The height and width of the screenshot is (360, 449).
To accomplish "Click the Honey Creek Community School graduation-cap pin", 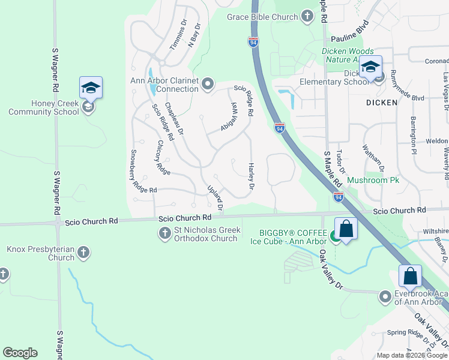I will [x=91, y=88].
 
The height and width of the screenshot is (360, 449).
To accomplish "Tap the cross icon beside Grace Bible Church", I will [x=307, y=16].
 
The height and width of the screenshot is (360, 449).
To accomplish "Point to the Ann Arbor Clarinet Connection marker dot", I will [x=208, y=84].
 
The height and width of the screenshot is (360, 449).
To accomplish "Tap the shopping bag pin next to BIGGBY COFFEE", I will [x=346, y=229].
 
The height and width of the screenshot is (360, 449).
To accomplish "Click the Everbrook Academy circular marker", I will [x=385, y=296].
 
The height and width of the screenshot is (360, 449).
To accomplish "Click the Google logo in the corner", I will [x=20, y=353].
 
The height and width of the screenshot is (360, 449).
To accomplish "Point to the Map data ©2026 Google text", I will [x=412, y=355].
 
